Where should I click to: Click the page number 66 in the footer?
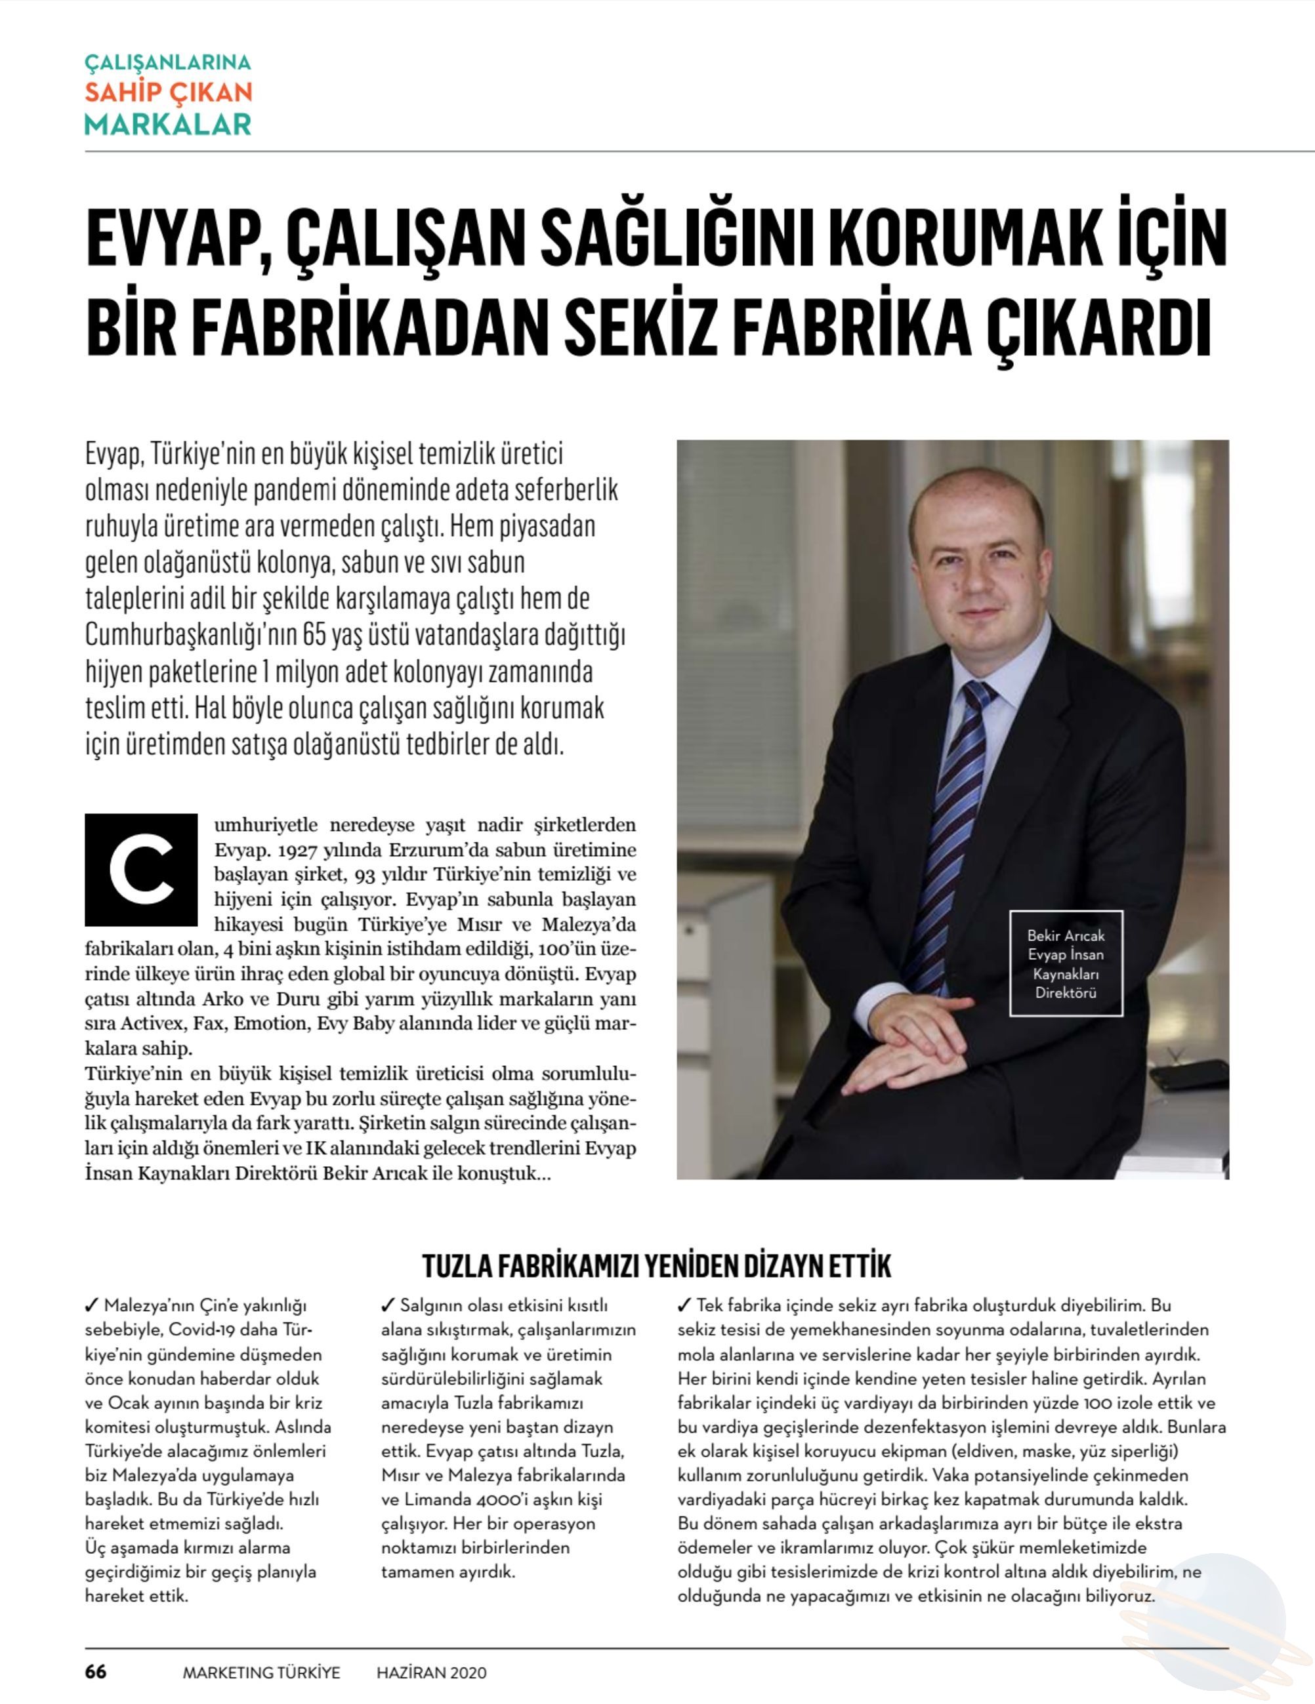[95, 1672]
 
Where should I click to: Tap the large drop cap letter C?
[141, 869]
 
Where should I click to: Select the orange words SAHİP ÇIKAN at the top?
[169, 92]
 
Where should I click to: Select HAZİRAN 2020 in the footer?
[432, 1673]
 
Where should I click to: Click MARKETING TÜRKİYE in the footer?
[261, 1673]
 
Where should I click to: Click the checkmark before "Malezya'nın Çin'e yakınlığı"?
[91, 1305]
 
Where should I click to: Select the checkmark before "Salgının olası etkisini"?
[388, 1305]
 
